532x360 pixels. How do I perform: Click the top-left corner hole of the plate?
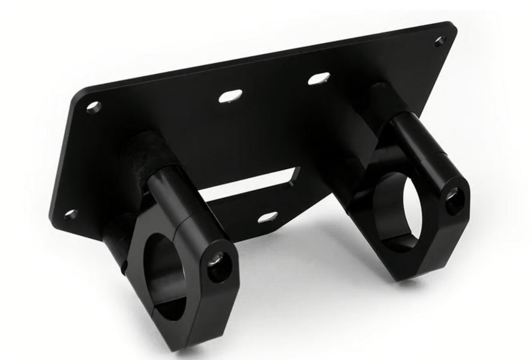pos(94,107)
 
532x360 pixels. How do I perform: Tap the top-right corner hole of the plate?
pos(440,41)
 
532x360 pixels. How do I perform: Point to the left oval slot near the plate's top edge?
pos(230,96)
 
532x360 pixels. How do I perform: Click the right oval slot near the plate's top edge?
pos(319,79)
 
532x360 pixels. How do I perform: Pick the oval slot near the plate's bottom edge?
pos(267,218)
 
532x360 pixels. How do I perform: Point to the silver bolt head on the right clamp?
pos(452,194)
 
